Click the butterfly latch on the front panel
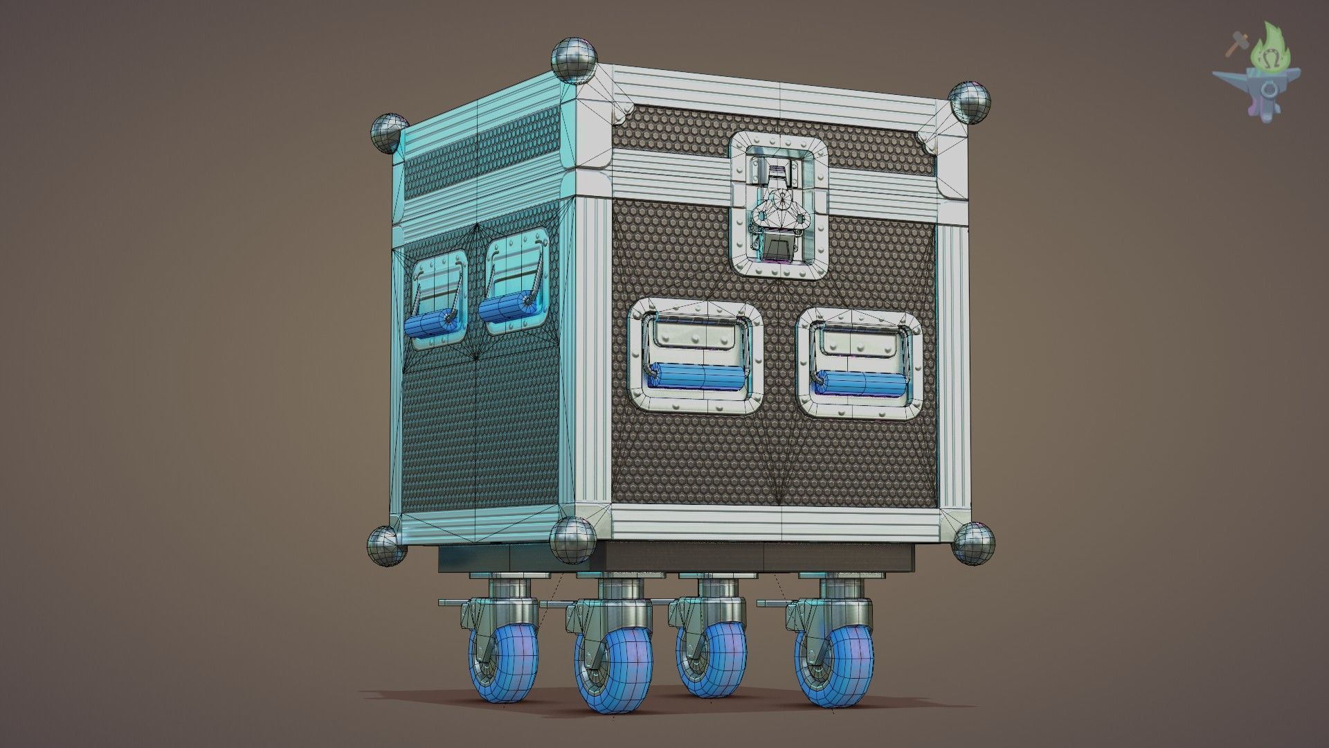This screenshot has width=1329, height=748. (x=780, y=208)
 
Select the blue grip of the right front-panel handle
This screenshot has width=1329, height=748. (x=861, y=384)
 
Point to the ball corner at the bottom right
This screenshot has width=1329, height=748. (x=973, y=543)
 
